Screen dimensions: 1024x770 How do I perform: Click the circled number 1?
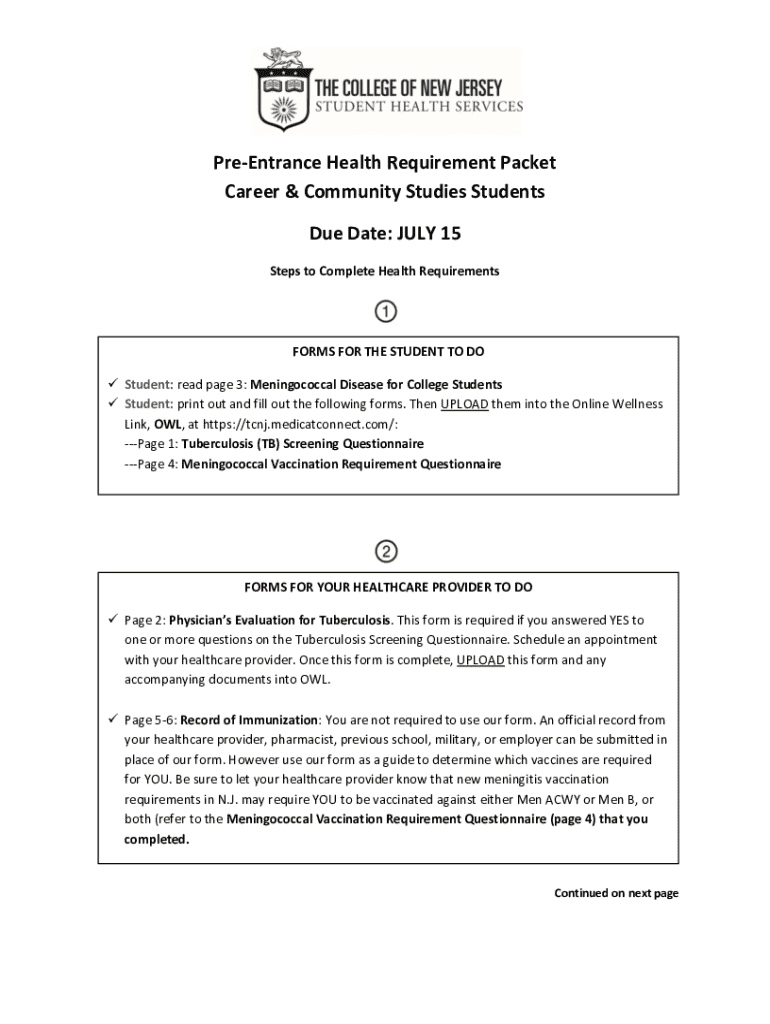(x=386, y=312)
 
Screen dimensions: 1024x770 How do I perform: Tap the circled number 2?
(x=386, y=550)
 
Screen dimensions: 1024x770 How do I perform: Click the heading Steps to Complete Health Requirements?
(x=385, y=271)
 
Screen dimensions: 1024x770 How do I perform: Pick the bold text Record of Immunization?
(x=250, y=719)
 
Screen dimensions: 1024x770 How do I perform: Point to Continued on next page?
(x=616, y=893)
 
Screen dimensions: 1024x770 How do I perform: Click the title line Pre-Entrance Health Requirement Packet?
(x=384, y=162)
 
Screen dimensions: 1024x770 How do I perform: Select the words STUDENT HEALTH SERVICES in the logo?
(x=419, y=106)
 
